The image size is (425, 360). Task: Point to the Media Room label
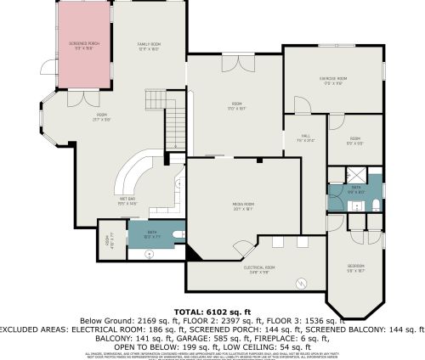(243, 205)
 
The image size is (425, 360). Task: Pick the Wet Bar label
(127, 202)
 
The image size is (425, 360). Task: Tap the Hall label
(306, 138)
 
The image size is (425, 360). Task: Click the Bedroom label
(355, 269)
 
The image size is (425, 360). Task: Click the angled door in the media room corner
(241, 249)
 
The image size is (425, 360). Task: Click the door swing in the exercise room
(299, 106)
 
